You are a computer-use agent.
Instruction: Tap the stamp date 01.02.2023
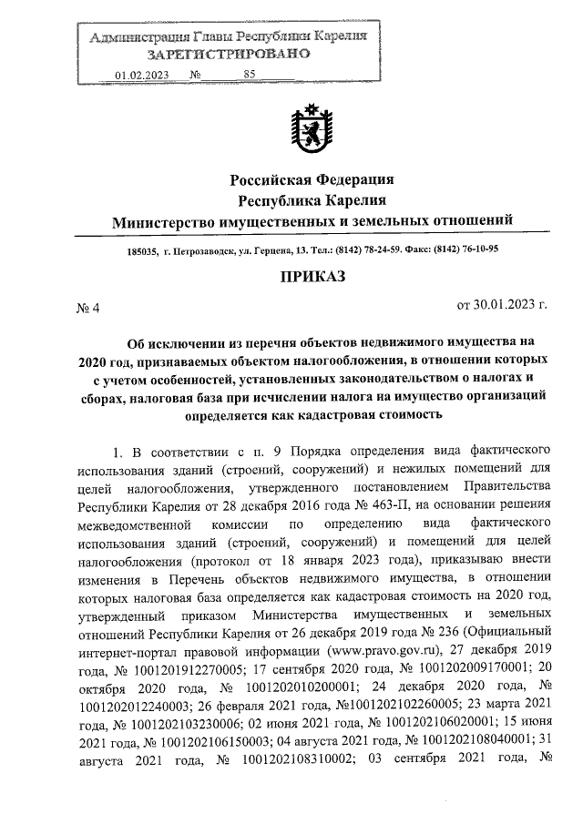tap(143, 76)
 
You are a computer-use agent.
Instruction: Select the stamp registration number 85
tap(251, 76)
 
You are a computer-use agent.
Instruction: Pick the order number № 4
tap(87, 307)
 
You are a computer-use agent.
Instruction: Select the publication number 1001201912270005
tap(181, 666)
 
